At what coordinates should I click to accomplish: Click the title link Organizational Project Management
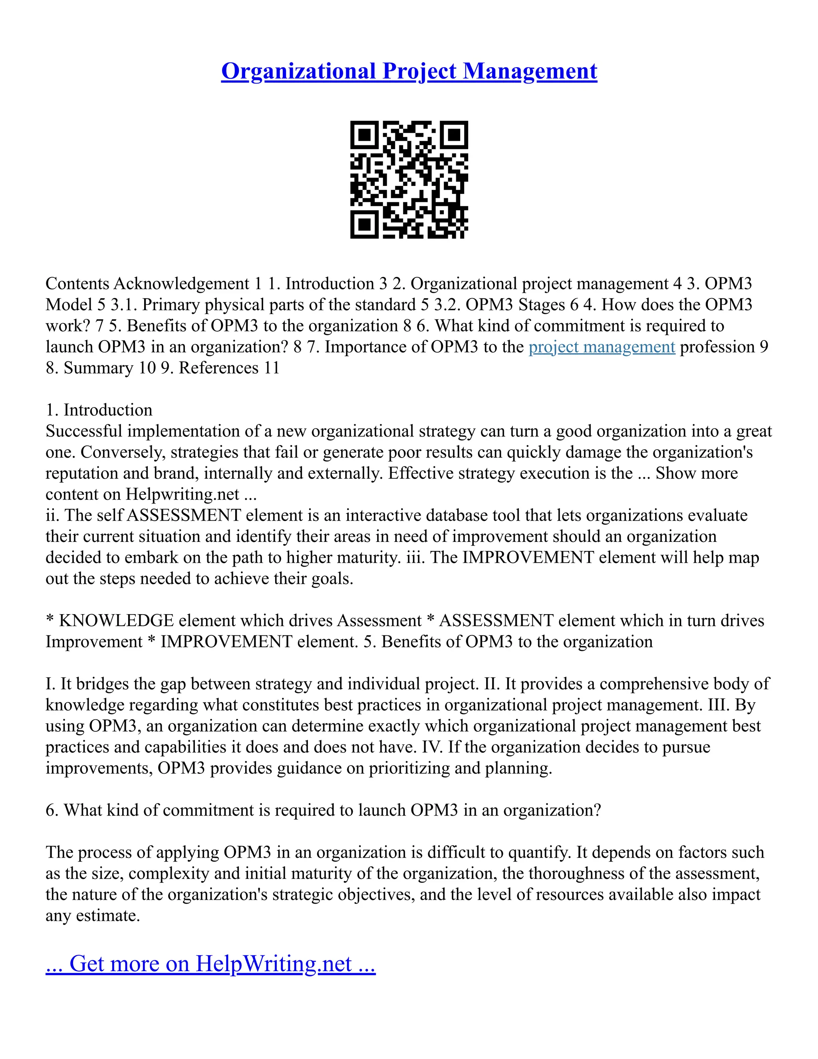[x=409, y=71]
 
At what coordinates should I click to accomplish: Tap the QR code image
[x=409, y=180]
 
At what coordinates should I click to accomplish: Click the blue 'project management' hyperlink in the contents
[x=602, y=347]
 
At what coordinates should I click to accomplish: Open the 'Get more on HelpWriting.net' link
[x=210, y=963]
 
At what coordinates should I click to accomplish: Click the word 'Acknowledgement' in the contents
[x=181, y=284]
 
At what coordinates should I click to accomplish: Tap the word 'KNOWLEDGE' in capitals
[x=116, y=621]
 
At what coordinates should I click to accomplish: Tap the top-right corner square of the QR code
[x=454, y=135]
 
